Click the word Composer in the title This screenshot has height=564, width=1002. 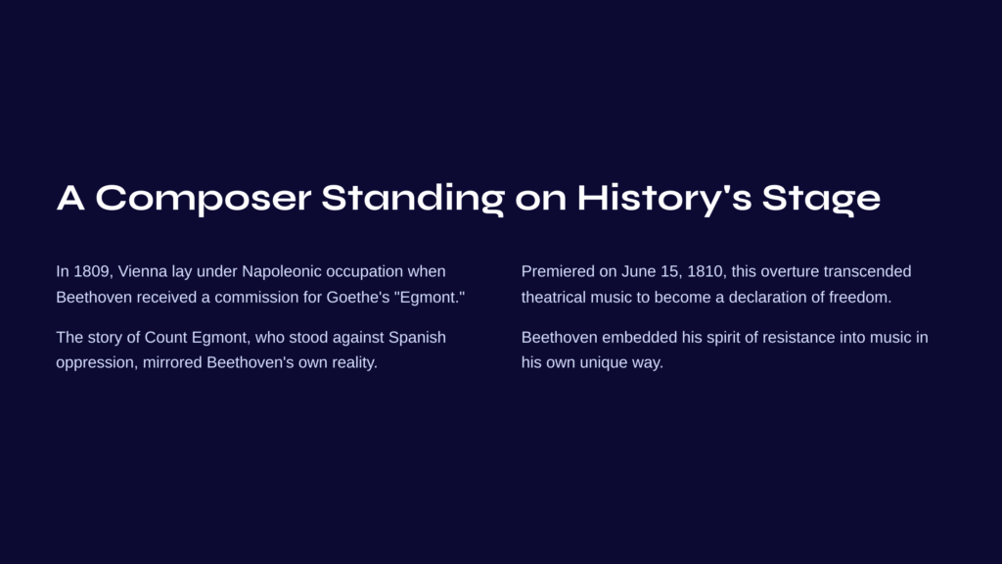(204, 199)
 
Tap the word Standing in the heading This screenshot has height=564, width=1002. (413, 199)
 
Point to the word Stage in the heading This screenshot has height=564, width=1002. (821, 199)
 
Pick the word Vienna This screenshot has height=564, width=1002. (143, 271)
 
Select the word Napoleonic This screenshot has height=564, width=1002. (282, 271)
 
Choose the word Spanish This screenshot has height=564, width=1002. (417, 338)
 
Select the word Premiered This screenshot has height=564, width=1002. (558, 271)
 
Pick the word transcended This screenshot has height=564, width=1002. (867, 271)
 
